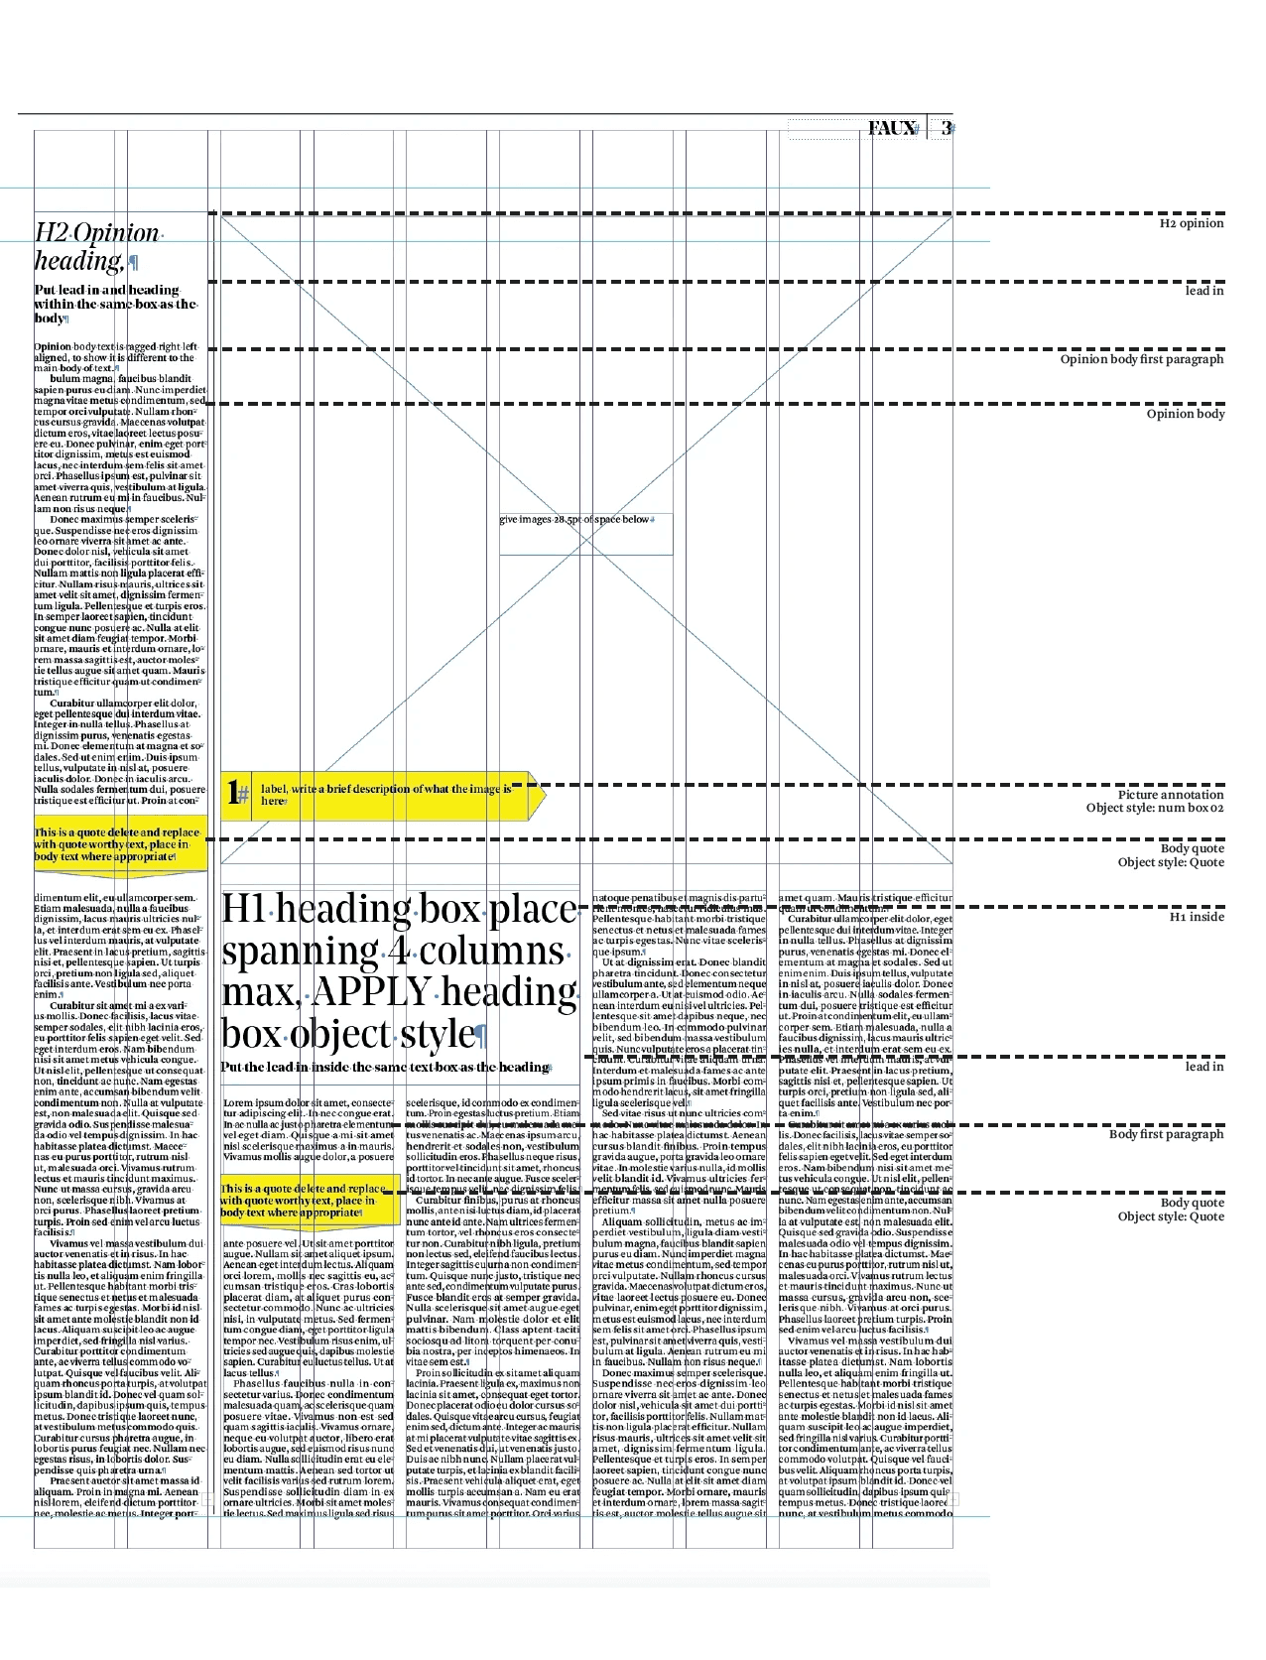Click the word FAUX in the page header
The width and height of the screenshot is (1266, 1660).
[x=890, y=128]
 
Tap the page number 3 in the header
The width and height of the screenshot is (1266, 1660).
[x=947, y=128]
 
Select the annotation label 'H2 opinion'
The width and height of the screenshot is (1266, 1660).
[x=1191, y=223]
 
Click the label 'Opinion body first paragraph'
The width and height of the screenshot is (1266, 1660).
[x=1141, y=359]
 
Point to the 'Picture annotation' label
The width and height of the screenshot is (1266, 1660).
[x=1170, y=795]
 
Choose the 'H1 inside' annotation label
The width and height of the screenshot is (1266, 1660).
[x=1196, y=917]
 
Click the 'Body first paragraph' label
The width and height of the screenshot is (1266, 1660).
[x=1166, y=1134]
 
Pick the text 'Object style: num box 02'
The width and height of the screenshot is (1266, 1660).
[x=1154, y=808]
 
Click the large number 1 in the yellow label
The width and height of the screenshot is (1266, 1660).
[x=233, y=793]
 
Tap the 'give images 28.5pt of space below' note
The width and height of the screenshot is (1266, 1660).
[x=575, y=519]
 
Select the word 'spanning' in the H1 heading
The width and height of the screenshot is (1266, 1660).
[x=296, y=951]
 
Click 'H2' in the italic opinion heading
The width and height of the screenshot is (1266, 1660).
[x=51, y=233]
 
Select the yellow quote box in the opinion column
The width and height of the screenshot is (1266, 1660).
[x=119, y=844]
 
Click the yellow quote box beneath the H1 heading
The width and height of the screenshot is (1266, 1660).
[x=308, y=1201]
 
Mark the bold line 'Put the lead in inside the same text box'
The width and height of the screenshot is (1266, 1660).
[x=384, y=1068]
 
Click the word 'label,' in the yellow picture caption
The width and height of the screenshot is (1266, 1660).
[x=274, y=789]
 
